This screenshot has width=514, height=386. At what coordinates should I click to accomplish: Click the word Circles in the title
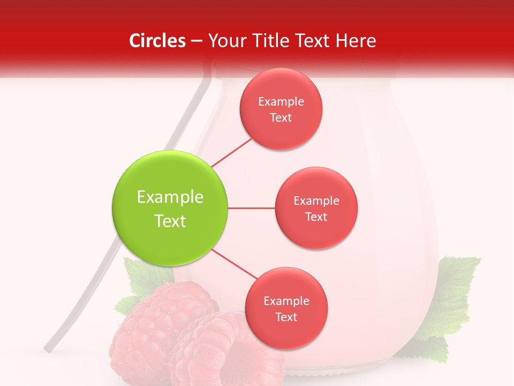[x=157, y=41]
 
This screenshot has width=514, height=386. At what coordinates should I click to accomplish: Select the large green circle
[x=170, y=208]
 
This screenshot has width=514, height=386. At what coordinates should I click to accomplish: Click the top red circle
[x=281, y=109]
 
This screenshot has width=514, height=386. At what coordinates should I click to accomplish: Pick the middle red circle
[x=316, y=208]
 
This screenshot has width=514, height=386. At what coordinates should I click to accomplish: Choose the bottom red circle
[x=286, y=308]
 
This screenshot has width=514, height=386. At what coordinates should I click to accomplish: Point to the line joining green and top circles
[x=232, y=152]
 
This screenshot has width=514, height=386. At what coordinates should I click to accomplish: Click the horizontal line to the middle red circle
[x=252, y=208]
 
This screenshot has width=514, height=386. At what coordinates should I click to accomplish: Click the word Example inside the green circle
[x=170, y=197]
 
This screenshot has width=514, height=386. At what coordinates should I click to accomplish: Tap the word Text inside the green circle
[x=170, y=221]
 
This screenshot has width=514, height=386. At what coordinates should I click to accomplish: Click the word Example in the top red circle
[x=281, y=101]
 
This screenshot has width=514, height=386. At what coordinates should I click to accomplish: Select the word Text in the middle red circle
[x=316, y=217]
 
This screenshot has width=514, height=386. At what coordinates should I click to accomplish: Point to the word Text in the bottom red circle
[x=286, y=317]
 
